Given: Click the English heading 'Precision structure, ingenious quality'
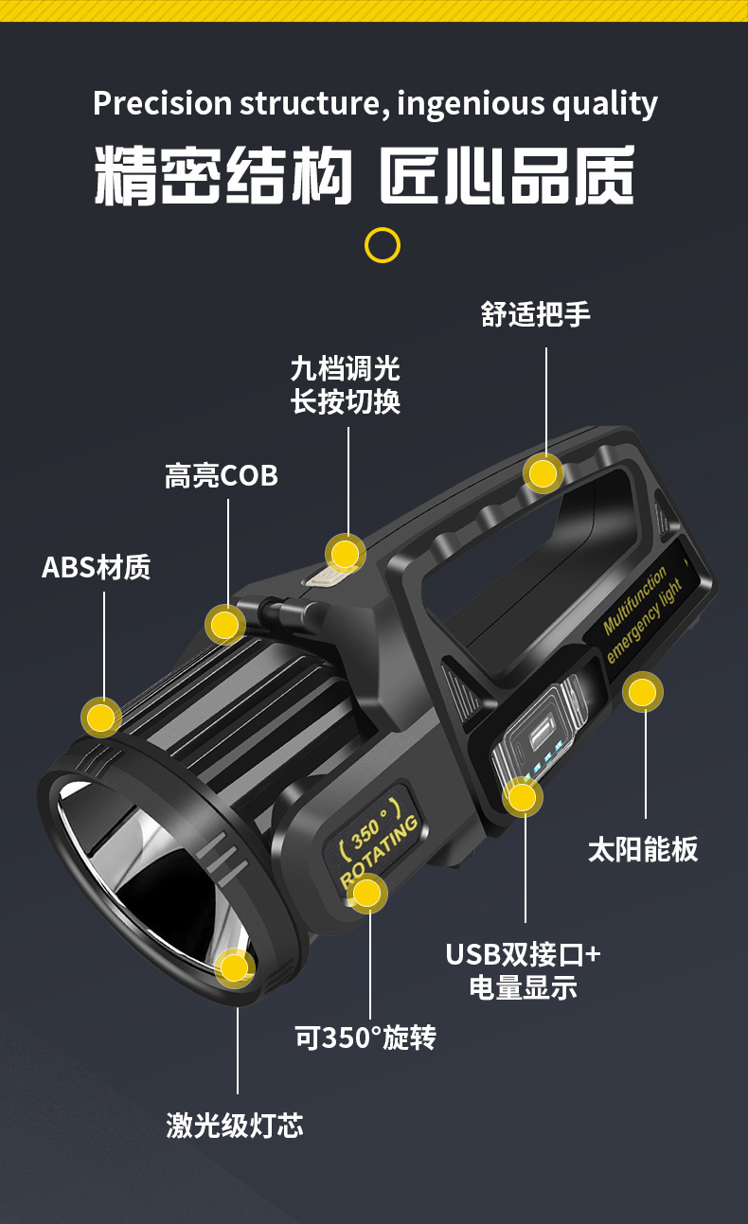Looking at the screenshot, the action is click(375, 103).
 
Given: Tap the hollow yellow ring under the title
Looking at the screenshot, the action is click(383, 245).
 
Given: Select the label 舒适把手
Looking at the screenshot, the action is click(535, 314).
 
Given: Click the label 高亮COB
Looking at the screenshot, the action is click(222, 475).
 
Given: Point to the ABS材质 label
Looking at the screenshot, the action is click(97, 567).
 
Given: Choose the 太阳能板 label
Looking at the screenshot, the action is click(643, 849).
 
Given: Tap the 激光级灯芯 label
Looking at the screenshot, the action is click(235, 1125).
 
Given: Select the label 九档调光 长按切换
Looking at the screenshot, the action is click(346, 384).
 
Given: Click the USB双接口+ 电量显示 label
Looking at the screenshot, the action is click(524, 970).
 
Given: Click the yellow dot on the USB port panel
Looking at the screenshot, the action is click(521, 798).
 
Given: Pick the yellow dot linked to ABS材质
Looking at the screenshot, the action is click(101, 717).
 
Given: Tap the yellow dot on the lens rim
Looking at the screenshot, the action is click(234, 967).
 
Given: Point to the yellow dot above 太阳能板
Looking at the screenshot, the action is click(643, 693).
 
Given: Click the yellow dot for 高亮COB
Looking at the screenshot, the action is click(225, 625).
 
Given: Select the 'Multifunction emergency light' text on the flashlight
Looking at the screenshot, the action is click(644, 612).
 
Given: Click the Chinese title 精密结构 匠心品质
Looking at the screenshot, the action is click(365, 175).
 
